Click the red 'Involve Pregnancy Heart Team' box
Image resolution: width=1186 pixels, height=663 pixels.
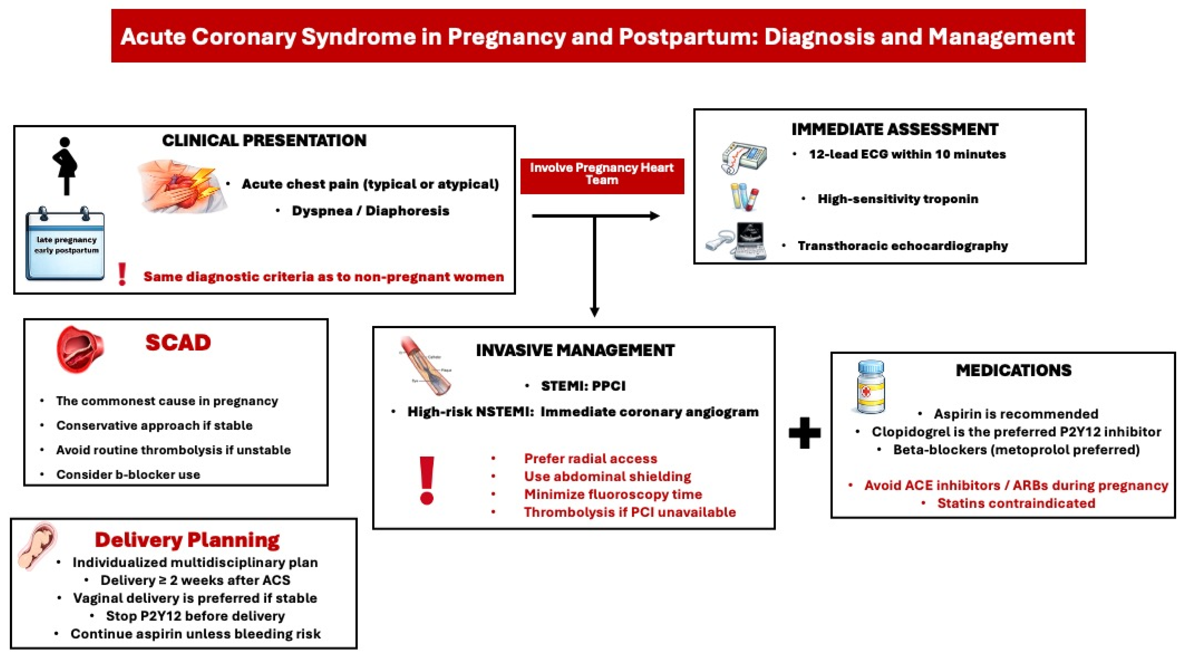pyautogui.click(x=602, y=176)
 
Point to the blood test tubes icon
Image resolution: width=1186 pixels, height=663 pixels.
pyautogui.click(x=744, y=197)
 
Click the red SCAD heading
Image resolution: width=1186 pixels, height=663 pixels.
pyautogui.click(x=178, y=342)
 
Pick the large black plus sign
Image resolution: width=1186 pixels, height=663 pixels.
pyautogui.click(x=804, y=433)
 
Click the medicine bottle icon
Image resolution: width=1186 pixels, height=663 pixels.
pyautogui.click(x=870, y=388)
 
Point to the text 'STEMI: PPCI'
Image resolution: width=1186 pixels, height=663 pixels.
pyautogui.click(x=583, y=386)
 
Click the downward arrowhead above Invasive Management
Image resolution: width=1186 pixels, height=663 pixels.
pyautogui.click(x=594, y=312)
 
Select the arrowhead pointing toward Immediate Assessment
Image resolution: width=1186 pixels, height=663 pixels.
pyautogui.click(x=654, y=216)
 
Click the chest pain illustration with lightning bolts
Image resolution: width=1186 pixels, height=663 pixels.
pyautogui.click(x=183, y=187)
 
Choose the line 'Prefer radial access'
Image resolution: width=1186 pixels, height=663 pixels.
pyautogui.click(x=590, y=458)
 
